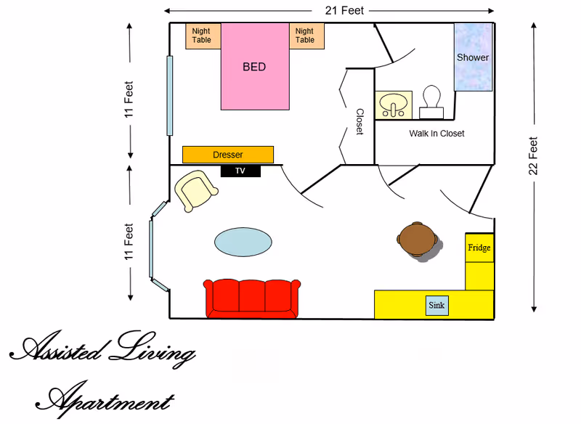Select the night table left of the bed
[203, 36]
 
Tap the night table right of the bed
[306, 36]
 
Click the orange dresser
[228, 155]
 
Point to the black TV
[240, 171]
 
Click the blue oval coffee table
[244, 242]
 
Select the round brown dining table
[418, 240]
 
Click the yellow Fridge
[479, 248]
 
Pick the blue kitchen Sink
[436, 306]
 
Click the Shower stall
[473, 57]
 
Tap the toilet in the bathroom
[432, 102]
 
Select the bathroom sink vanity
[394, 105]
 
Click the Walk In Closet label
[436, 134]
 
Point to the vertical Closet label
[359, 122]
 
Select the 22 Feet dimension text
[533, 156]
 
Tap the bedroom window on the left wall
[170, 96]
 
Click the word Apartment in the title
[109, 399]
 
